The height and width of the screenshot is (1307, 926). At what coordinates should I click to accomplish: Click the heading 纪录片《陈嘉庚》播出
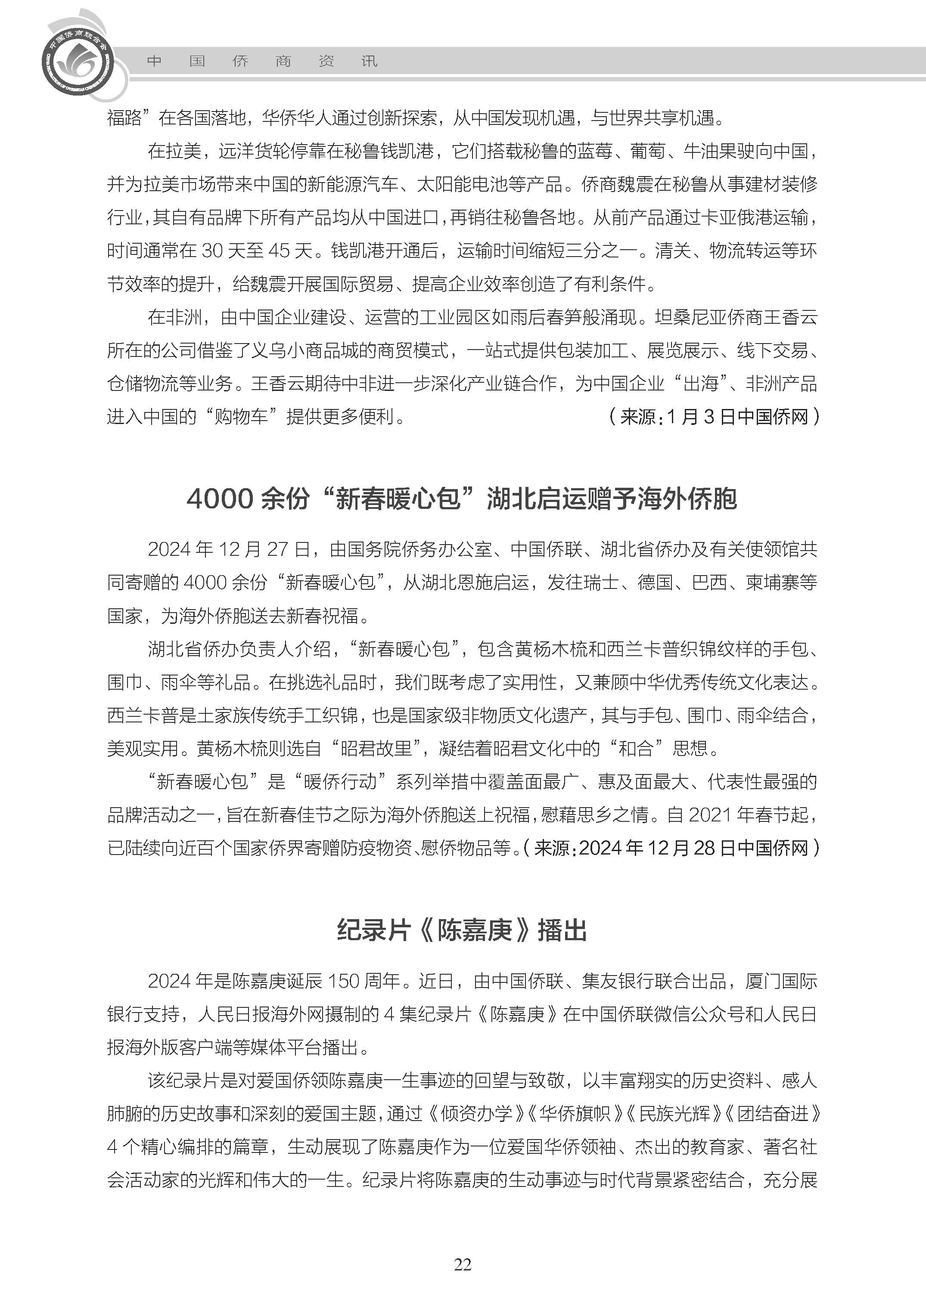pos(462,931)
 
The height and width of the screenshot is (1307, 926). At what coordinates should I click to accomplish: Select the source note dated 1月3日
pos(714,417)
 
